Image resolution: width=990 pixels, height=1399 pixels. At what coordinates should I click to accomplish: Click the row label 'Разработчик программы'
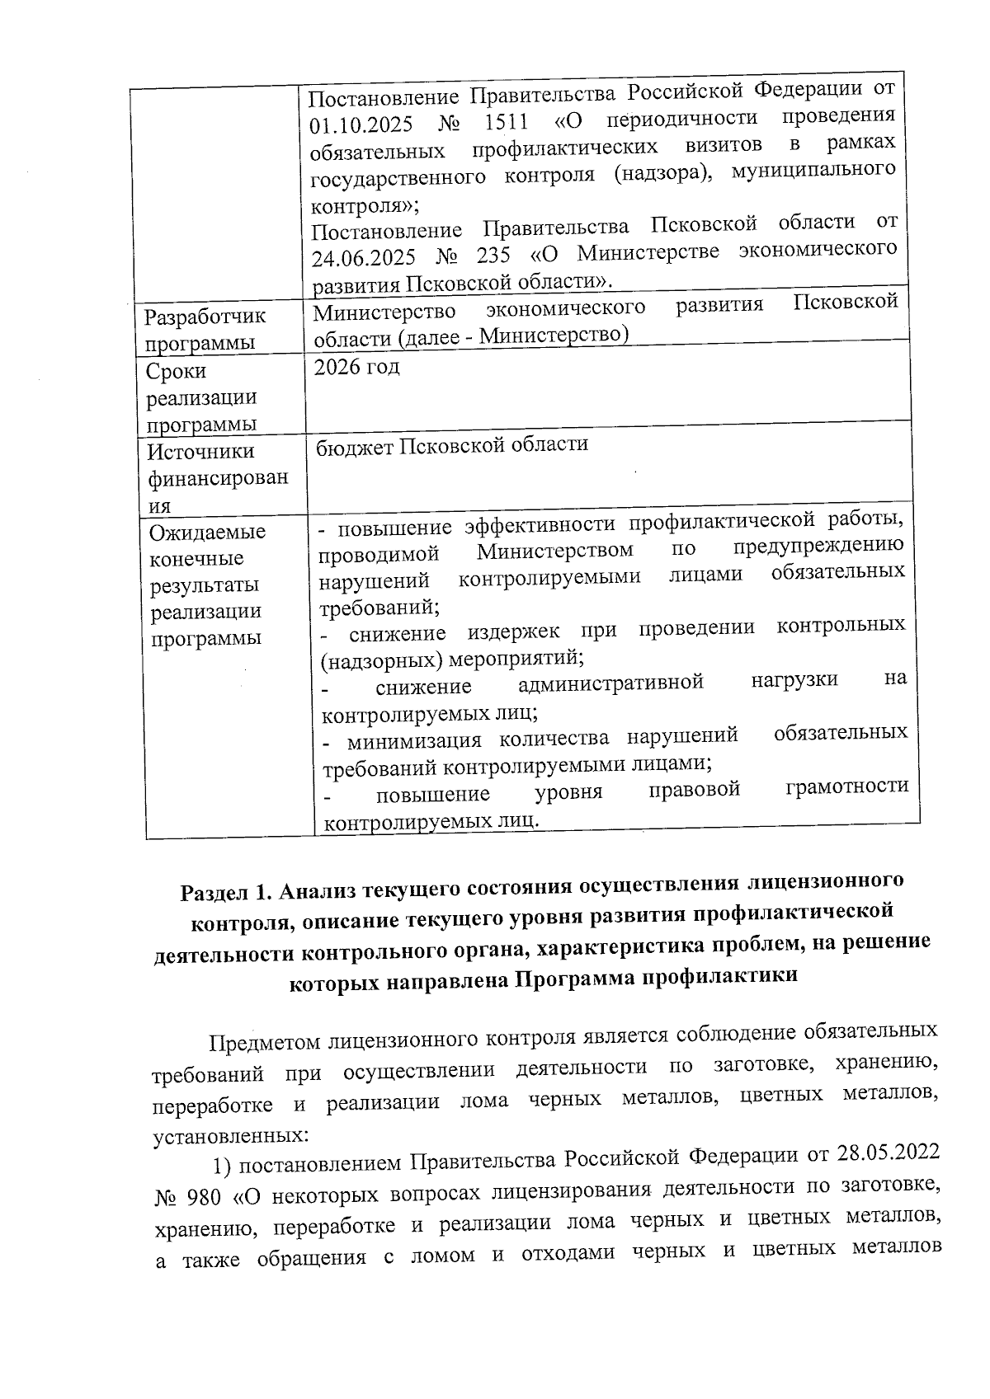(205, 329)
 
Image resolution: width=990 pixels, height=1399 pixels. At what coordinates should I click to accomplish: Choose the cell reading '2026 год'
(356, 367)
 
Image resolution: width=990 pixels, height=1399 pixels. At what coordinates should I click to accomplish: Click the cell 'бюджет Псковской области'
(452, 445)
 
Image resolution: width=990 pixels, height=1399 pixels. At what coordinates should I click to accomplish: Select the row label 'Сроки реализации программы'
(201, 397)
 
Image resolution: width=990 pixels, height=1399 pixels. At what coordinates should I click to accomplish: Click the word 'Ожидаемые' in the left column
(207, 532)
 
